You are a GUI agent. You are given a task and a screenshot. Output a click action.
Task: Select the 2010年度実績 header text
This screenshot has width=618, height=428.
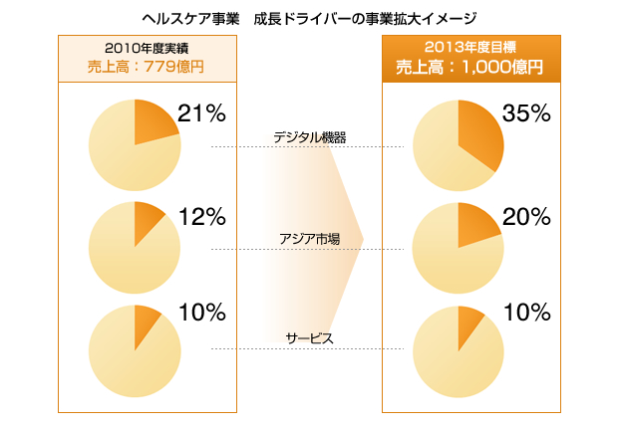coord(148,49)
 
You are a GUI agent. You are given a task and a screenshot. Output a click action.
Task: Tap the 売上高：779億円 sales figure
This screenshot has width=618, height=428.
coord(148,68)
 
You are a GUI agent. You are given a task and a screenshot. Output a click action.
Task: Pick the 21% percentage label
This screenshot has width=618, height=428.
coord(202,113)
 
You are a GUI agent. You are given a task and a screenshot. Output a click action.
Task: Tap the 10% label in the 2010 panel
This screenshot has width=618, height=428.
coord(202,313)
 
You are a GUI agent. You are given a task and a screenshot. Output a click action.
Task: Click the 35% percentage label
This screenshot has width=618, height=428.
coord(526,113)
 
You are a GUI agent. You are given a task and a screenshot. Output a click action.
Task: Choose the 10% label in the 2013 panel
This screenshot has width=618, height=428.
coord(526,313)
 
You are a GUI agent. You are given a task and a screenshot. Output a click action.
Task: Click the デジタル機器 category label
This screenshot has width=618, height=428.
coord(310,137)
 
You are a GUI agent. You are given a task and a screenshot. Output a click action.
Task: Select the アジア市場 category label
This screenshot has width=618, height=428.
coord(310,239)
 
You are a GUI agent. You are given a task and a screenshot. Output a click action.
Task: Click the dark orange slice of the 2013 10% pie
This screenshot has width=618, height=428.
coord(468,323)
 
